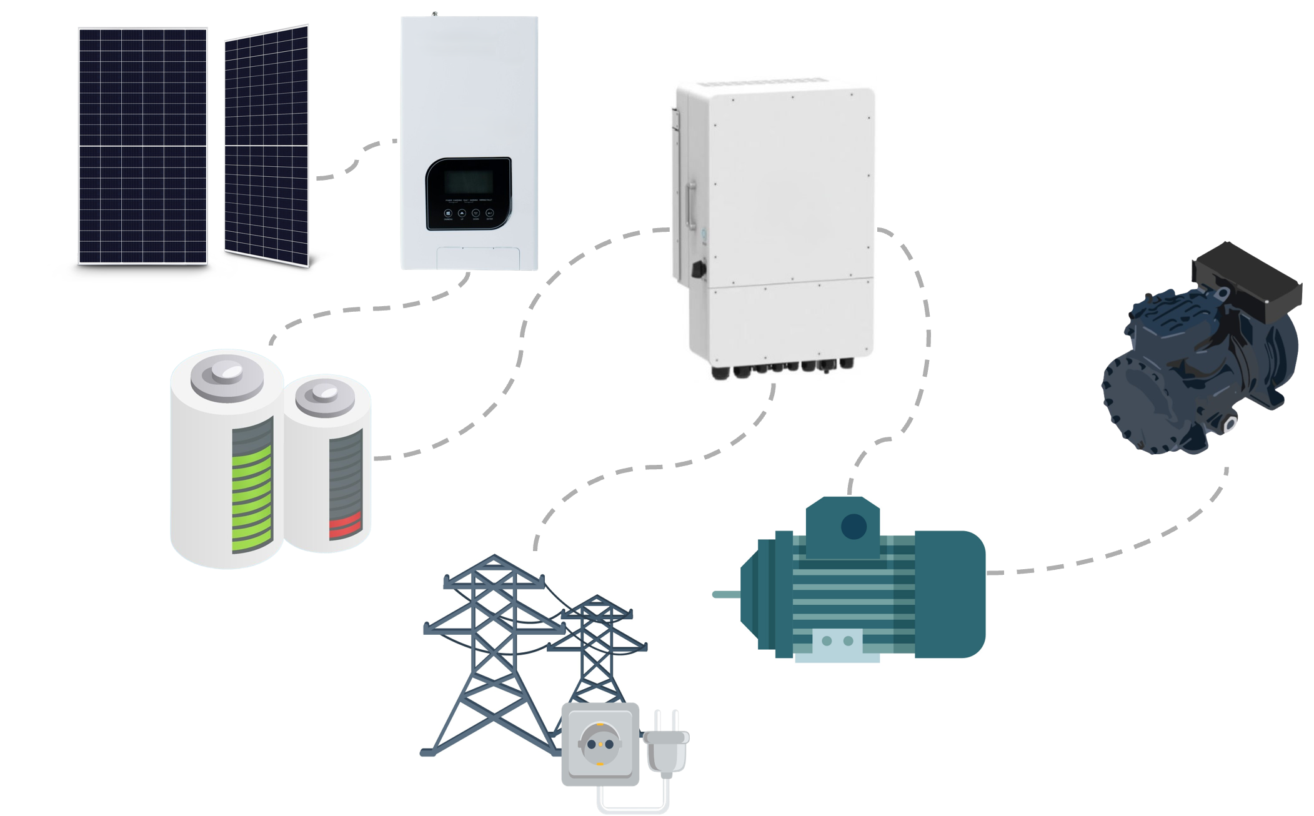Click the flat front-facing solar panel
142,146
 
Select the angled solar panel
267,146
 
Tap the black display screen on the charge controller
468,182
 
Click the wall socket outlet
600,744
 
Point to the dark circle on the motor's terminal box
854,527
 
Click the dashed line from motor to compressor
1125,550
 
